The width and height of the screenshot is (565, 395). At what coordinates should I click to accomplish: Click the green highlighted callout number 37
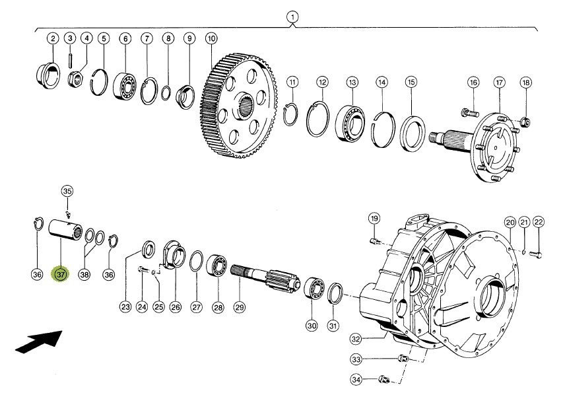pos(61,275)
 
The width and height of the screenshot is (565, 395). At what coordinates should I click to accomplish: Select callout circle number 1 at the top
pos(292,17)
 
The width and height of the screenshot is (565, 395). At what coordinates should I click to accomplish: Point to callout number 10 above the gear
pos(211,38)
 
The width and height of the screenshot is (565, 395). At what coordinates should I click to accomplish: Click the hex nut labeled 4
pos(76,79)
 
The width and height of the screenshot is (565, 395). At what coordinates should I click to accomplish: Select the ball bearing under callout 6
pos(125,87)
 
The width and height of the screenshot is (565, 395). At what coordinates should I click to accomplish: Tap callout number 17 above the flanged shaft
pos(499,83)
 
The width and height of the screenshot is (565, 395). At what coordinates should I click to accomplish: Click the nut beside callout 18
pos(526,122)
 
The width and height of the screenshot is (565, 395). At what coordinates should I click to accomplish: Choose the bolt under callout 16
pos(469,113)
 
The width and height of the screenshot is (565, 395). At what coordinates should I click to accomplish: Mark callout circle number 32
pos(356,339)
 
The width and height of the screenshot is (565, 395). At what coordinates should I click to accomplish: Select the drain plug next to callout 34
pos(384,379)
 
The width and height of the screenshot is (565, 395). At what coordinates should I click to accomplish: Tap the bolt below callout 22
pos(535,255)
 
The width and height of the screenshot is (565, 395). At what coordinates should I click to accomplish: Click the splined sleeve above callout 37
pos(65,231)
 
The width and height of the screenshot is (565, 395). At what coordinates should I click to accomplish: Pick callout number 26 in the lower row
pos(176,307)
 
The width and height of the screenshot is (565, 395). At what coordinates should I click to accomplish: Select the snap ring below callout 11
pos(290,114)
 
